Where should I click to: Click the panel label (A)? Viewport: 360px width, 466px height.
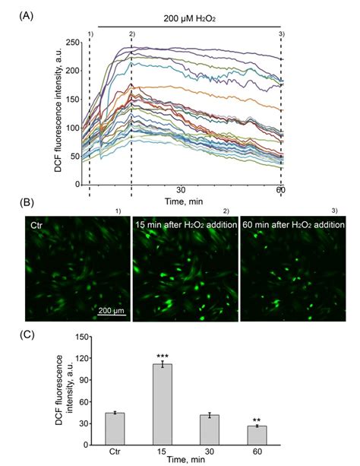pos(26,15)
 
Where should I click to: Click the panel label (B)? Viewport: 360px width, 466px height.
pos(27,203)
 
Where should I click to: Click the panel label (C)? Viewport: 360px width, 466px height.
pos(27,334)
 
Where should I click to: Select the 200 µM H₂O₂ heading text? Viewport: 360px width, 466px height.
pos(189,19)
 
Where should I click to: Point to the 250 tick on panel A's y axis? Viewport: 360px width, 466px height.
pos(74,43)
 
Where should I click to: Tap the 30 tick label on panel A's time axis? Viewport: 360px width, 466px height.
pos(182,190)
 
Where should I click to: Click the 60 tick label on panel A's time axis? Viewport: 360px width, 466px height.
pos(281,190)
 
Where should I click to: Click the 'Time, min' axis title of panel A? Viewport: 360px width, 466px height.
pos(184,201)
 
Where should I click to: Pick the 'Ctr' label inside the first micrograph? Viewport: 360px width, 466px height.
pos(36,225)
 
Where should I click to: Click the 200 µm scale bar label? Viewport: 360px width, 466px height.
pos(112,311)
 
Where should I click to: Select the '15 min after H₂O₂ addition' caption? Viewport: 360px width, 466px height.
pos(186,225)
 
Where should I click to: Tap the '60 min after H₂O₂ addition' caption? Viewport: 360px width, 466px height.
pos(293,225)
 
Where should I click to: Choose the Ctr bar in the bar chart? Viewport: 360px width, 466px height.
pos(115,429)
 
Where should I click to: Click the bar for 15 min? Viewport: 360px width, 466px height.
pos(163,404)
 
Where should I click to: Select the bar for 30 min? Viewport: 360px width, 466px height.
pos(210,430)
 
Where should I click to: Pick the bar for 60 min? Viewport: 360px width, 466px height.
pos(257,436)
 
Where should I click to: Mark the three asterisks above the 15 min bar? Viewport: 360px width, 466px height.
pos(163,357)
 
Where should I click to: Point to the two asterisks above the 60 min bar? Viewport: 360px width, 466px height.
pos(257,420)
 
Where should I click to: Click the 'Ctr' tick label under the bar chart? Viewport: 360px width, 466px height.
pos(115,452)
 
